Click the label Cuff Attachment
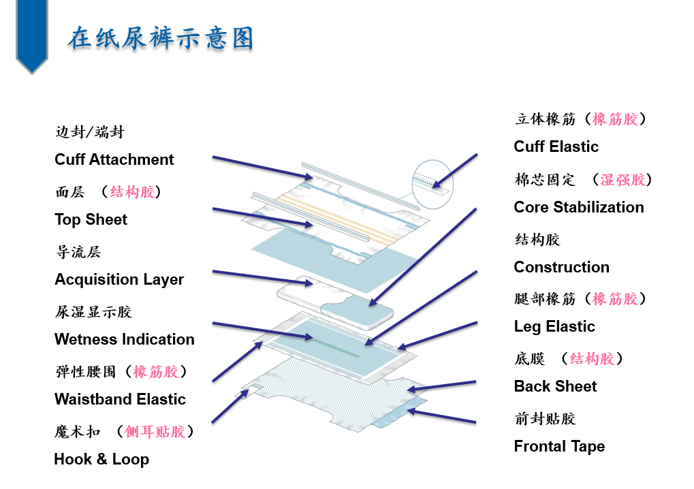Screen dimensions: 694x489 click(x=114, y=159)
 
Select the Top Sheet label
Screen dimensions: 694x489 click(x=91, y=219)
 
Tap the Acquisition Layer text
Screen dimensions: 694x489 click(x=119, y=280)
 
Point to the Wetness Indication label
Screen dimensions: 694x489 click(x=125, y=339)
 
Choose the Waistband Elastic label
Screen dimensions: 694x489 click(x=120, y=399)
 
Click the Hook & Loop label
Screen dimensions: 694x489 click(x=101, y=459)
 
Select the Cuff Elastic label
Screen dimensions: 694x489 click(x=556, y=146)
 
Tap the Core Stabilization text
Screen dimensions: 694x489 click(x=579, y=207)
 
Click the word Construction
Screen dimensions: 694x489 click(x=562, y=267)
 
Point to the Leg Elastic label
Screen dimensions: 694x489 click(x=554, y=327)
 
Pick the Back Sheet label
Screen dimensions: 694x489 click(x=556, y=386)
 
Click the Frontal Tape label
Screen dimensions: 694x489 click(x=559, y=447)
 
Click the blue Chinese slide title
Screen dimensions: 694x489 click(x=161, y=37)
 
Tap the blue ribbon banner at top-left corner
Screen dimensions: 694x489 click(x=32, y=35)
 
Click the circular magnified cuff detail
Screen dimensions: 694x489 click(x=432, y=184)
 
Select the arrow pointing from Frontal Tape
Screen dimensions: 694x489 click(x=441, y=417)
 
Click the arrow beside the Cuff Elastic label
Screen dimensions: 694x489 click(x=454, y=171)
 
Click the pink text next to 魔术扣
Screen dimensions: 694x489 click(x=155, y=432)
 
